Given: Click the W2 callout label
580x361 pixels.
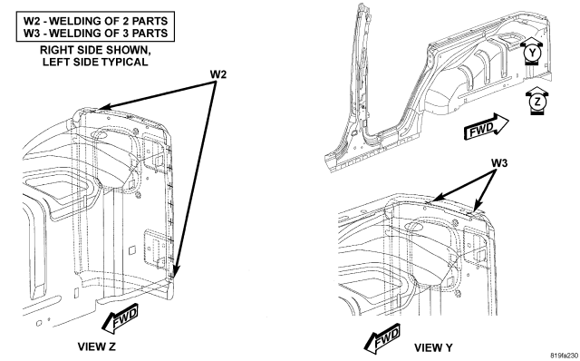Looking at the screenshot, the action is (218, 74).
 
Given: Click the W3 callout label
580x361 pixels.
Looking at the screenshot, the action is (499, 163).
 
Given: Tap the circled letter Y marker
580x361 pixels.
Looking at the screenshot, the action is (532, 53).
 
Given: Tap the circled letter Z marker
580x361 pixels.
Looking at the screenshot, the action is (537, 101).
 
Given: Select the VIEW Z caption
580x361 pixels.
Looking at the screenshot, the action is (97, 346).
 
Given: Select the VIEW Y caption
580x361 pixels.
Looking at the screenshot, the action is (433, 347).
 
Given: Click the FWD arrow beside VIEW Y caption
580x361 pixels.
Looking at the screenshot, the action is (382, 339).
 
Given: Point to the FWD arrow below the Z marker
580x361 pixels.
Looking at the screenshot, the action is (486, 127).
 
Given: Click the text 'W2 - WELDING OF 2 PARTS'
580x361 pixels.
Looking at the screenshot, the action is (95, 21).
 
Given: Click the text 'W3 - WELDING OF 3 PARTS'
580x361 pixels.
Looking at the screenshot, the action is (95, 33).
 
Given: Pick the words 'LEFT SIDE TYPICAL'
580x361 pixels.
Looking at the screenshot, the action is (95, 62).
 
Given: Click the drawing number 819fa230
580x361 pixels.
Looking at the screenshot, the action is (564, 356).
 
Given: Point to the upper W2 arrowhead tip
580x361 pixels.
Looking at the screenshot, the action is (99, 109).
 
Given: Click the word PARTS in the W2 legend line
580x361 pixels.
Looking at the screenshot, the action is (150, 21).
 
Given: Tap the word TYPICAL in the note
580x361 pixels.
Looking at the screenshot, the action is (127, 62).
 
